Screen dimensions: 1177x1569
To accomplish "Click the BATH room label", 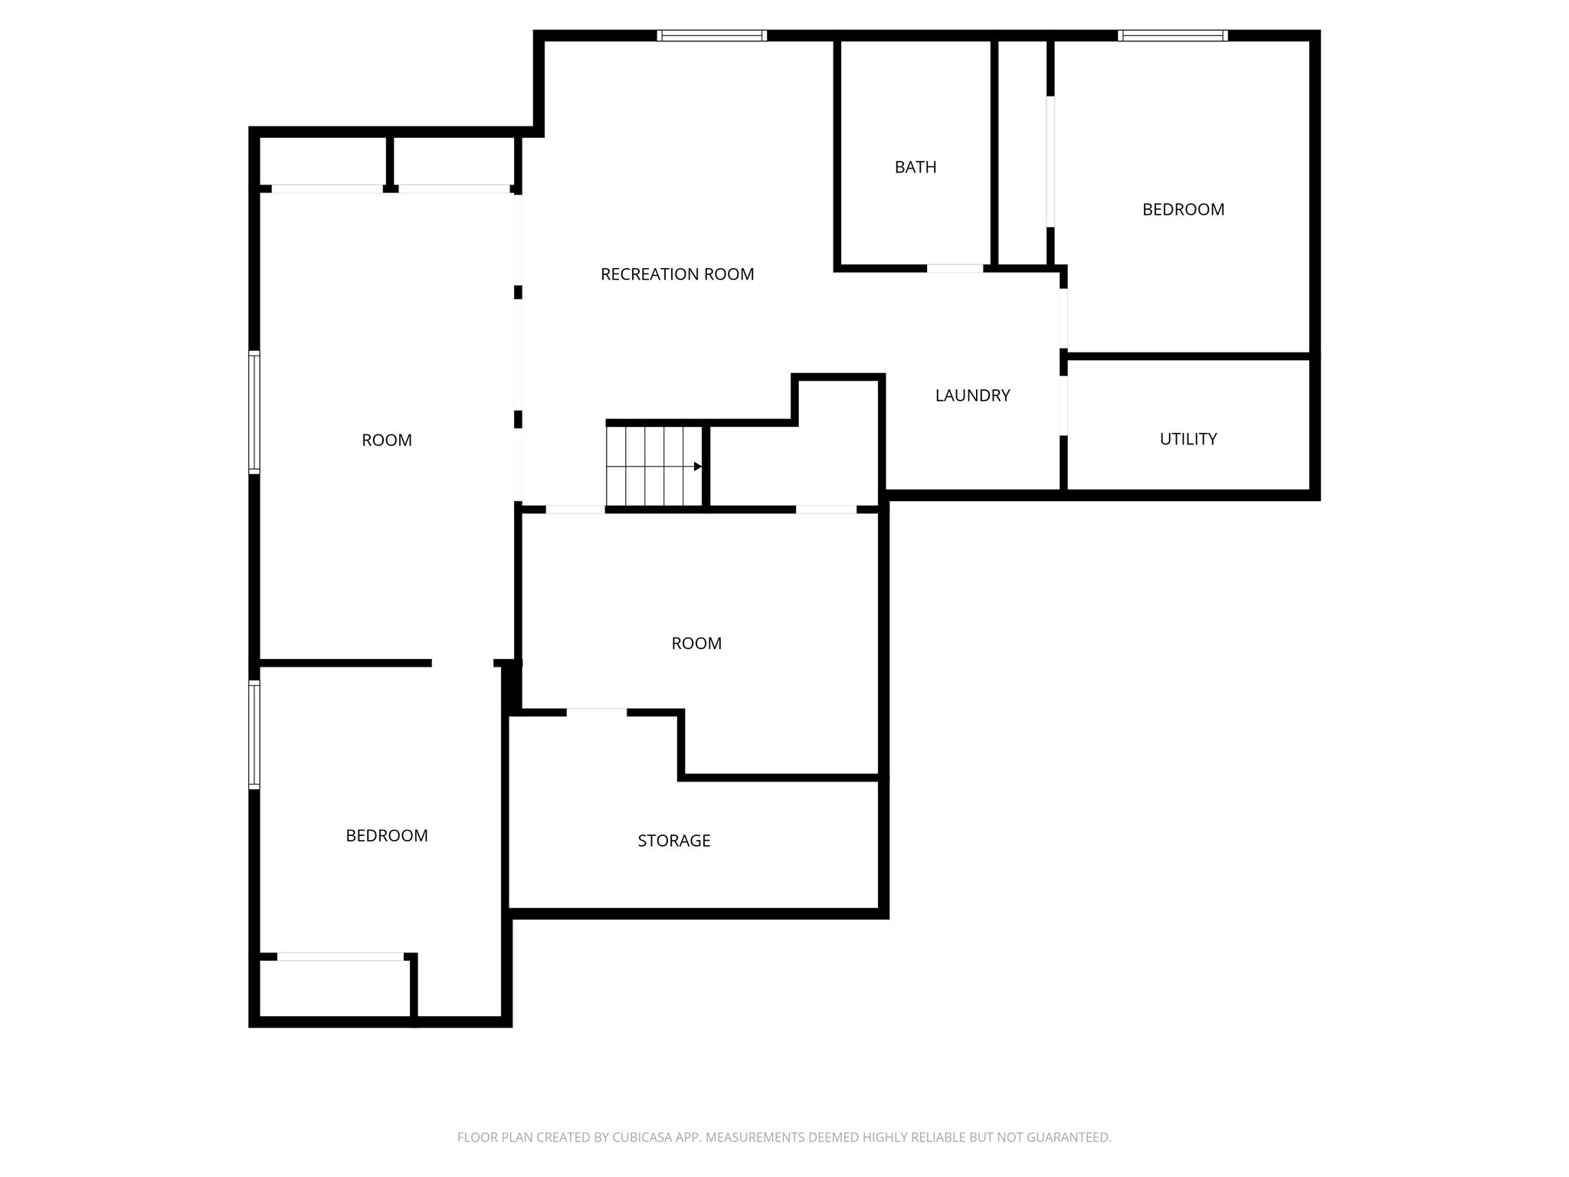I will [915, 167].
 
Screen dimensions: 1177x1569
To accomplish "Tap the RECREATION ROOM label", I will [676, 274].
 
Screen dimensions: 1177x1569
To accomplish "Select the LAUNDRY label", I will [972, 395].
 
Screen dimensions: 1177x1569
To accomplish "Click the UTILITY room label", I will [1187, 439].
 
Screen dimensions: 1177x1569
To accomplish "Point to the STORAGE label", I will [673, 841].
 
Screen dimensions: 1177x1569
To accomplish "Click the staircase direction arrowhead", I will [697, 467].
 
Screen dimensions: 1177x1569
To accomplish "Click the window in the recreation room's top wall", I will [712, 35].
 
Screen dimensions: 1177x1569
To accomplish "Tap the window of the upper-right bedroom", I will [1172, 35].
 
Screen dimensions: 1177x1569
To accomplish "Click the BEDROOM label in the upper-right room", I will [1182, 209].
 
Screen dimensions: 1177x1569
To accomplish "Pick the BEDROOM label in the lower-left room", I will [386, 835].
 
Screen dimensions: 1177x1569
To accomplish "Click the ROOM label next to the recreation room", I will [386, 440].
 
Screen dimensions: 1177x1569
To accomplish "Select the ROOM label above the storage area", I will [696, 644].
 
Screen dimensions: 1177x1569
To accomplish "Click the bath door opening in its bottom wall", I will [955, 268].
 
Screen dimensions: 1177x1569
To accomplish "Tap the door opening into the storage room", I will [596, 713].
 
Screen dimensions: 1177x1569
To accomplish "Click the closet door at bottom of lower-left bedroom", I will [340, 956].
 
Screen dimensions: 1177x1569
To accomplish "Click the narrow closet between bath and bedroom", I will [1022, 153].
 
